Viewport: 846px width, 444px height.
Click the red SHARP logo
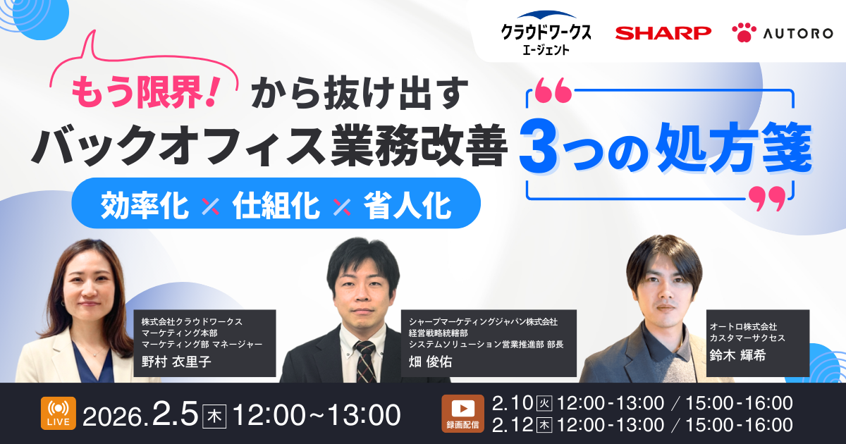663,32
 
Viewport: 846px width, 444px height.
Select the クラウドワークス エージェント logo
546,32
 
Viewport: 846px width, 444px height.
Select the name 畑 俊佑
431,361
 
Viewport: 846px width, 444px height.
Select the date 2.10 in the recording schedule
512,403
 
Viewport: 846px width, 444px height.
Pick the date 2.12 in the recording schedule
512,425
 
